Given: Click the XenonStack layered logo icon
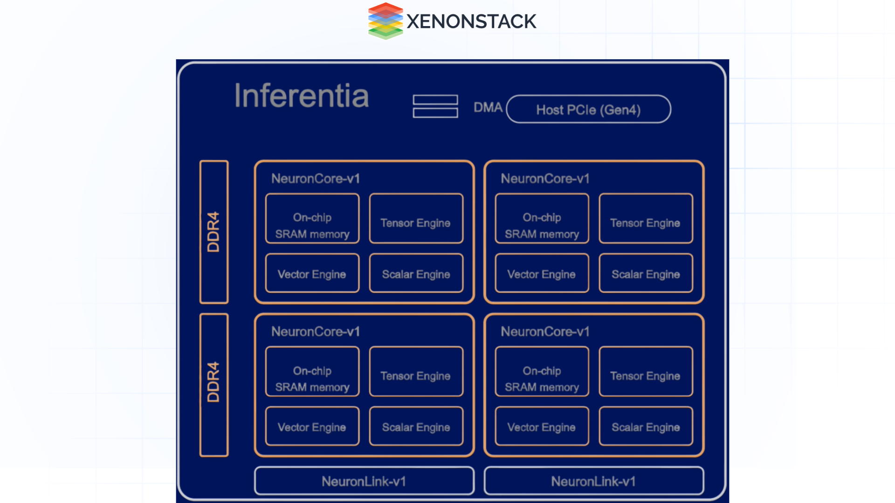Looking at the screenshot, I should [385, 21].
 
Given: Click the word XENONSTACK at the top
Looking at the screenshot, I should [471, 21].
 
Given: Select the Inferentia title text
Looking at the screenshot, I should [302, 96].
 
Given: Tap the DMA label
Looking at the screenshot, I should [488, 108].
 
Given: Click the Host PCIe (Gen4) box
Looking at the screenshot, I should [588, 109].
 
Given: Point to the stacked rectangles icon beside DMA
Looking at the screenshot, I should [435, 106].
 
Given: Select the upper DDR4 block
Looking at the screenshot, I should [214, 232].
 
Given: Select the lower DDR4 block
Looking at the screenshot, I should [214, 385].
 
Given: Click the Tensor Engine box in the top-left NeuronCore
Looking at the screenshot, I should [416, 218].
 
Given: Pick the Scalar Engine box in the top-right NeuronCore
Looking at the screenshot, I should [646, 273].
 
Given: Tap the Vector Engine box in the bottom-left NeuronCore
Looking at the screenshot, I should [312, 426].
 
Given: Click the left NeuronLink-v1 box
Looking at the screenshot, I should [364, 481].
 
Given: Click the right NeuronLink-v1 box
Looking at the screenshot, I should [593, 481].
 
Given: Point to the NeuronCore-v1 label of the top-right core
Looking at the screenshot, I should [545, 179].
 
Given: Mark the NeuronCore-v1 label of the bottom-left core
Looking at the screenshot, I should [316, 332].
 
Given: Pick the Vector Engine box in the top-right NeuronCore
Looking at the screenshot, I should [542, 273].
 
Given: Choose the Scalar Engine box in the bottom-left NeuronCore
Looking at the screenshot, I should [416, 426].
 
